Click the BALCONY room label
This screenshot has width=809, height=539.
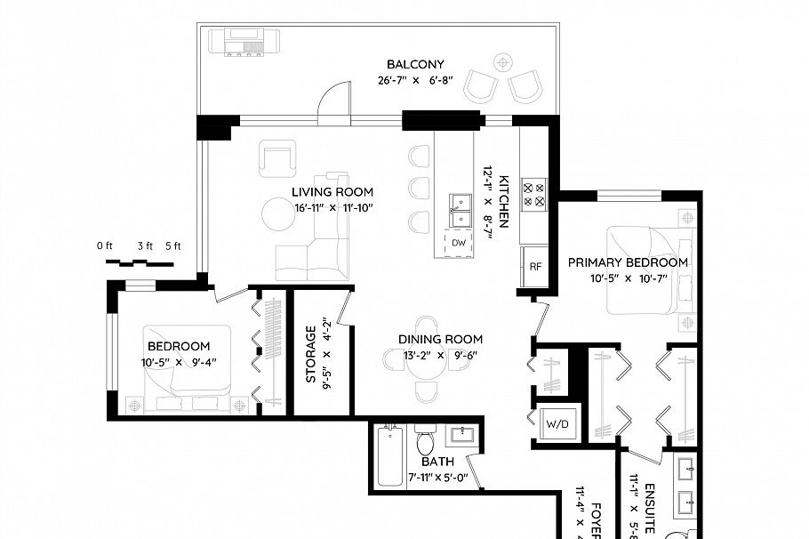tap(415, 64)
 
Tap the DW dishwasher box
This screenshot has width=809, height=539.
tap(459, 243)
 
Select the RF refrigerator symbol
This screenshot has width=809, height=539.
tap(535, 266)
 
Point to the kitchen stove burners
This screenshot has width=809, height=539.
tap(533, 194)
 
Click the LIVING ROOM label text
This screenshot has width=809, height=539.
tap(332, 192)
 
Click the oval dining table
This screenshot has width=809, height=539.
tap(427, 360)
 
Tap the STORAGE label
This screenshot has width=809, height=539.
tap(311, 354)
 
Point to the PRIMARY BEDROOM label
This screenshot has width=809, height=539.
tap(628, 262)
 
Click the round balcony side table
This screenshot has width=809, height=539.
tap(504, 62)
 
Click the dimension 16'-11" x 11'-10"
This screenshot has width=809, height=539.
tap(332, 208)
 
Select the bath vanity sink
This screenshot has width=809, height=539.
tap(461, 436)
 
